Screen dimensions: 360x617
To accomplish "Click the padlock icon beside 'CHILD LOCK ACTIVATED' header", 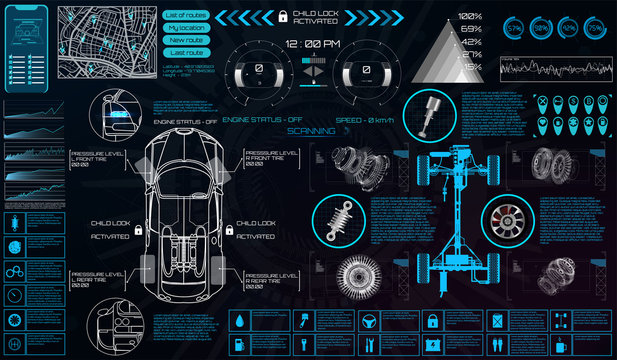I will pyautogui.click(x=283, y=16).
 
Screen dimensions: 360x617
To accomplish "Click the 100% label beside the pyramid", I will pyautogui.click(x=469, y=17).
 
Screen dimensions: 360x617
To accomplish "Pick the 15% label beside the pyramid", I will pyautogui.click(x=469, y=65).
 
